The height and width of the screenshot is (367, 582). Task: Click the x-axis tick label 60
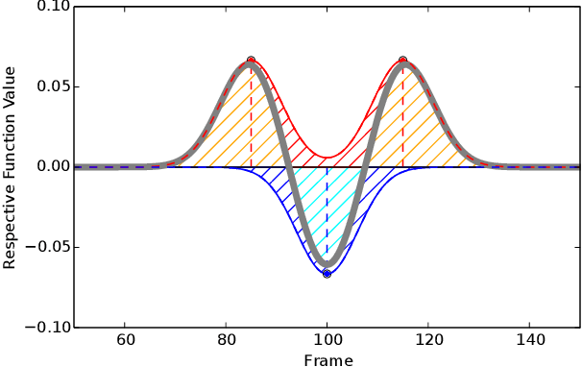tap(125, 339)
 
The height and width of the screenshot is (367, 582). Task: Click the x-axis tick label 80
tap(226, 339)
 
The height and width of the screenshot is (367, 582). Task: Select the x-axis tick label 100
tap(327, 339)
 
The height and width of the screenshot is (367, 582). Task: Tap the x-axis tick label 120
tap(428, 339)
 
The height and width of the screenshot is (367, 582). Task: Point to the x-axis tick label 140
tap(529, 339)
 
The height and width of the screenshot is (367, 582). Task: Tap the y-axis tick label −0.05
tap(44, 247)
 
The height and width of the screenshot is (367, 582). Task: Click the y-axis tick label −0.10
tap(44, 327)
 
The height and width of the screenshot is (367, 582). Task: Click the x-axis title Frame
tap(327, 360)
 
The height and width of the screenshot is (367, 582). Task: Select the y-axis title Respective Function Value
tap(11, 167)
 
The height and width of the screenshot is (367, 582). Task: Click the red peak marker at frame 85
tap(252, 61)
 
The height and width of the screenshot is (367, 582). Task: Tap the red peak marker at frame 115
tap(402, 61)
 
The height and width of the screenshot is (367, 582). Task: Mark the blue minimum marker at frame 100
tap(327, 274)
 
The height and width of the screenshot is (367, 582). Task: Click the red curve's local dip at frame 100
tap(327, 158)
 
